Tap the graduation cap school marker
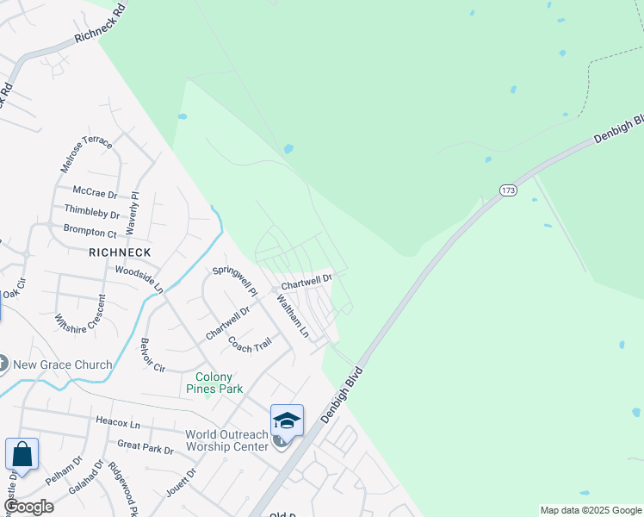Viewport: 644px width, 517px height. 287,420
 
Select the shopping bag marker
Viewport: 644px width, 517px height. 22,455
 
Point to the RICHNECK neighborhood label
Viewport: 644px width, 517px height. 120,252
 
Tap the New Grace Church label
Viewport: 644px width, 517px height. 62,364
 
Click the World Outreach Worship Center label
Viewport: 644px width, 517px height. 226,441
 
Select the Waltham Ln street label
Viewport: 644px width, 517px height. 293,315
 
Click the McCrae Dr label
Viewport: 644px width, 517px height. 95,191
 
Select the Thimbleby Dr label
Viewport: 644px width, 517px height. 91,212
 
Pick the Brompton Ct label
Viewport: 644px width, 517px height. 90,232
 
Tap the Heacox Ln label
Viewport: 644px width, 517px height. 117,424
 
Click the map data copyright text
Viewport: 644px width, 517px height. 591,510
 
